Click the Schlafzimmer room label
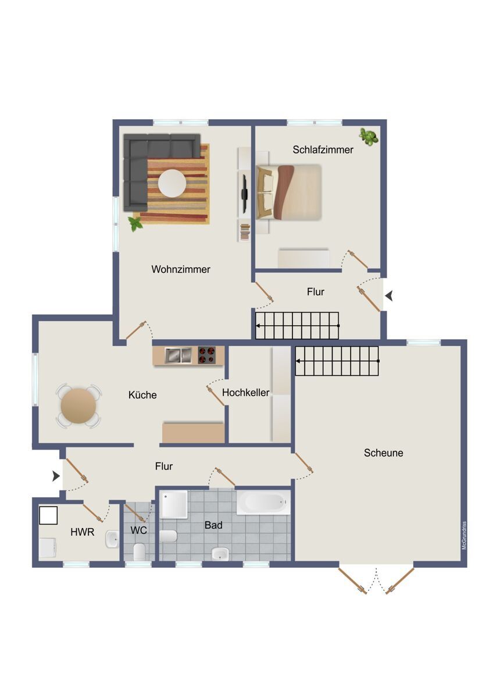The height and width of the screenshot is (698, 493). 323,149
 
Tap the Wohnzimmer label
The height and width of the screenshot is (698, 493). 181,269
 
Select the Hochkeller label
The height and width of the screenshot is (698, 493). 245,392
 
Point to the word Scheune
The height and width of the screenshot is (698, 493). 383,453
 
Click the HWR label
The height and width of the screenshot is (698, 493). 82,532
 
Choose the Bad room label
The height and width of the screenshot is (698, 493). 213,525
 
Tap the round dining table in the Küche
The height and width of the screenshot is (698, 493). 78,406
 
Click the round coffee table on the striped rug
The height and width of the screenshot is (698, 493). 172,183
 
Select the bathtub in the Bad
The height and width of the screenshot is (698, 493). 263,503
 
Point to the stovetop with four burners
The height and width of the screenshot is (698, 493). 207,355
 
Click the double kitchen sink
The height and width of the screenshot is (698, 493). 178,355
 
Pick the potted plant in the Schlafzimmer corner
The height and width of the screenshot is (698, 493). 369,137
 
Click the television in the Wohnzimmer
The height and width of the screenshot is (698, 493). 245,191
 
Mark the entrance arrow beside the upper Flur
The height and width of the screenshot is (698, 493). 389,295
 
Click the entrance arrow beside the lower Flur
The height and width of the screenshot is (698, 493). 56,476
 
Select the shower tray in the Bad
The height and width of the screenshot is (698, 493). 173,504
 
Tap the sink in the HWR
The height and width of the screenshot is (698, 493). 112,539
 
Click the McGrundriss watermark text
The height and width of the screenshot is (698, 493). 464,536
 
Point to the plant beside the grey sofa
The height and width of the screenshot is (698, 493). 135,224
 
